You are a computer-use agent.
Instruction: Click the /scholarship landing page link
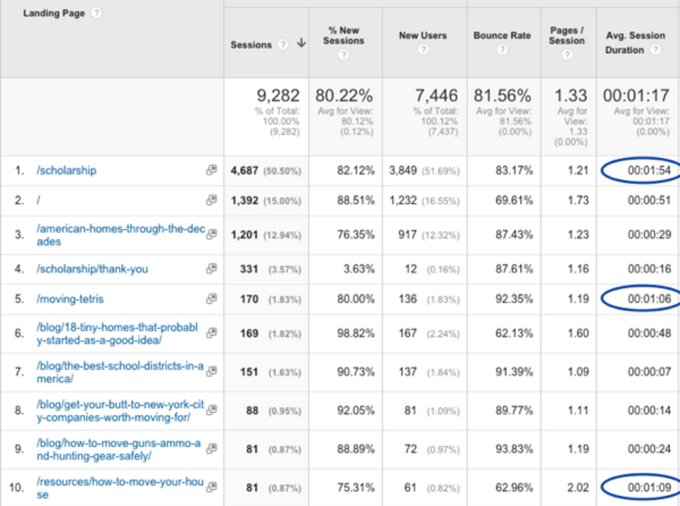(66, 170)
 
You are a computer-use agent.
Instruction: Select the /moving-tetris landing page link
(70, 299)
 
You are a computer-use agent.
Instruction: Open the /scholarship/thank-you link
(92, 269)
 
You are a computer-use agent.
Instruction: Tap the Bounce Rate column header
(502, 35)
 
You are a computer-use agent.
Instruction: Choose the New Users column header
(423, 35)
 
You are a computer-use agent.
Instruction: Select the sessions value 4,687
(245, 170)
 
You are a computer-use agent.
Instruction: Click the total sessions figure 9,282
(277, 95)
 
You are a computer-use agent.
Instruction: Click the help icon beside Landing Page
(96, 13)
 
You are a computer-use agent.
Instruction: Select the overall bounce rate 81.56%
(504, 95)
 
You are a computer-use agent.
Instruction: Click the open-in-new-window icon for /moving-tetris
(211, 298)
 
